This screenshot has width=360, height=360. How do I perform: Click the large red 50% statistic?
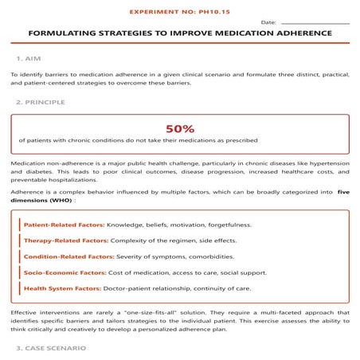[179, 127]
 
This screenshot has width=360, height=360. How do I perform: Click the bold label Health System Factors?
[63, 288]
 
